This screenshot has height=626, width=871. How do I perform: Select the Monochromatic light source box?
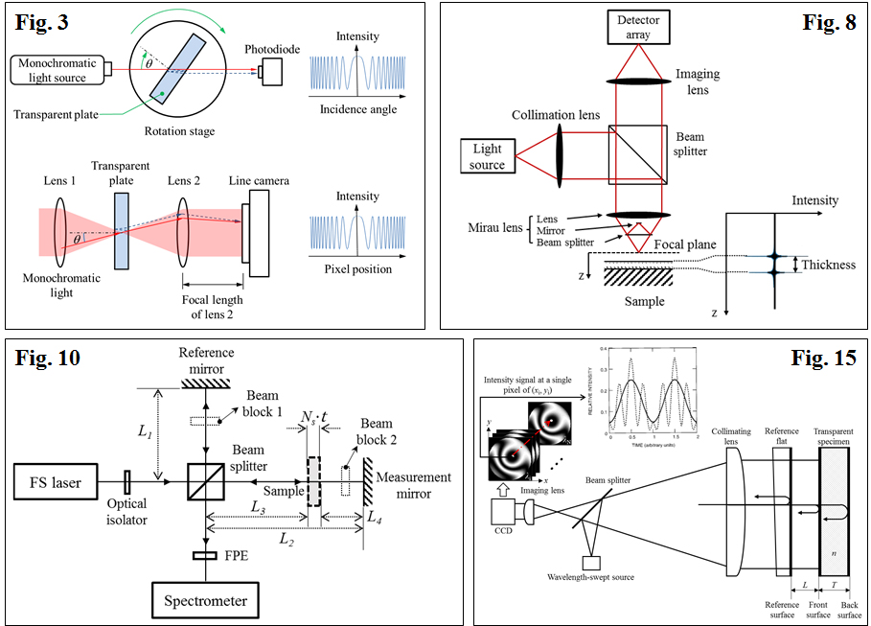[57, 69]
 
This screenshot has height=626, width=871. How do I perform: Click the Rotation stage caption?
[178, 132]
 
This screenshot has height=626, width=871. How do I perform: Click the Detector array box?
[638, 28]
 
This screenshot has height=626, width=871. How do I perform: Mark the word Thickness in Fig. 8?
[829, 265]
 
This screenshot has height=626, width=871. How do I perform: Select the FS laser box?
[59, 482]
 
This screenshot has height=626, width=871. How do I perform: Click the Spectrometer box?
[205, 601]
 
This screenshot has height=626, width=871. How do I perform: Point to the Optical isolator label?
[126, 513]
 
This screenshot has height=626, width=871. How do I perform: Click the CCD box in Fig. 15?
[506, 521]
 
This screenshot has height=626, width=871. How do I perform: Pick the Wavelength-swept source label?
[598, 577]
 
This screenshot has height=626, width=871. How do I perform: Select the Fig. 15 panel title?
[823, 359]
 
